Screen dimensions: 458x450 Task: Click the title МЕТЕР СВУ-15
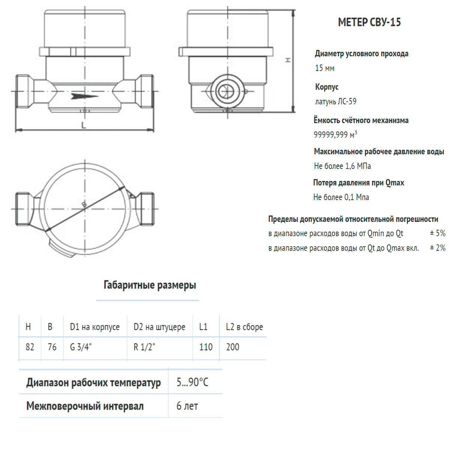pos(369,23)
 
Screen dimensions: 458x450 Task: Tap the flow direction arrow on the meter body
pos(84,96)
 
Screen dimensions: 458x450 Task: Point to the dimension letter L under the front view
pos(84,125)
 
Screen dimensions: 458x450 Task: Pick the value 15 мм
pos(324,68)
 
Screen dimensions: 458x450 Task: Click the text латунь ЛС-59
pos(336,101)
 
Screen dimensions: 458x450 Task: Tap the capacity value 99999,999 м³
pos(335,134)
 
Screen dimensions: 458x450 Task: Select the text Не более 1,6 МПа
pos(342,166)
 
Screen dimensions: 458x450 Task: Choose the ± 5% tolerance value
pos(438,233)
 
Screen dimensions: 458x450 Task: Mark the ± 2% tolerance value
pos(438,248)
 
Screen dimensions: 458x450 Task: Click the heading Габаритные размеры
pos(150,285)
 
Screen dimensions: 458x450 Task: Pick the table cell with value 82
pos(30,347)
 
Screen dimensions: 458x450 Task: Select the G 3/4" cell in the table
pos(81,347)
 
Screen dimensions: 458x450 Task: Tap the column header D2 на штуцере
pos(159,327)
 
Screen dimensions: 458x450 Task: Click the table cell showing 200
pos(232,347)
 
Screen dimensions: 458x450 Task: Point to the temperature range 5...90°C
pos(192,382)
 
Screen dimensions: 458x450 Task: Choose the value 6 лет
pos(187,406)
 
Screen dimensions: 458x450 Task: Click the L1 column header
pos(203,327)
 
